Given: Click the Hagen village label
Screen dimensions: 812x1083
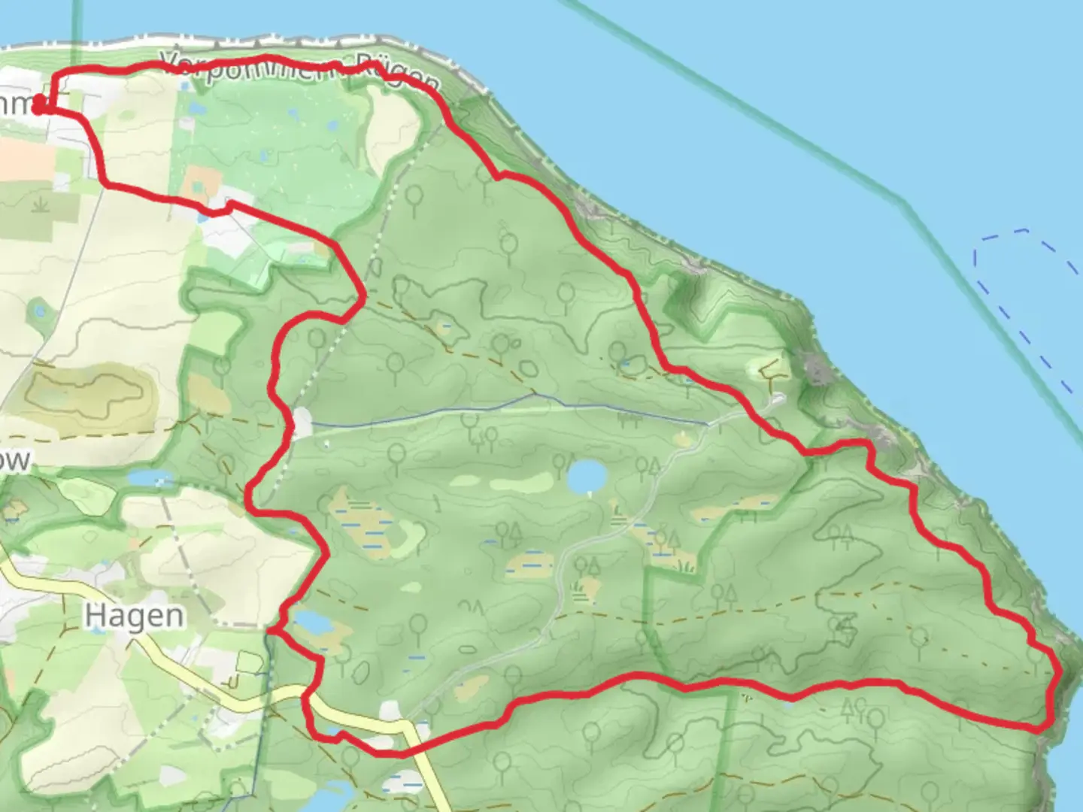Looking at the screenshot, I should click(134, 616).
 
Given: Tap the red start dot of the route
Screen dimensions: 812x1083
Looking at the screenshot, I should click(39, 107).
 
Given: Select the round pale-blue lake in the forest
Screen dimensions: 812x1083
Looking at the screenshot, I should click(587, 476).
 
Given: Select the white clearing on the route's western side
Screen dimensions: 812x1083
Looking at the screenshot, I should click(302, 423).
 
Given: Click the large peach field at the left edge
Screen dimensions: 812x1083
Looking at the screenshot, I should click(23, 158).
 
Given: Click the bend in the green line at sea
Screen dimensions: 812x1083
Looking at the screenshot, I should click(905, 201).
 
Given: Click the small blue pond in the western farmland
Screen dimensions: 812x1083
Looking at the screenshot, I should click(39, 310).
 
